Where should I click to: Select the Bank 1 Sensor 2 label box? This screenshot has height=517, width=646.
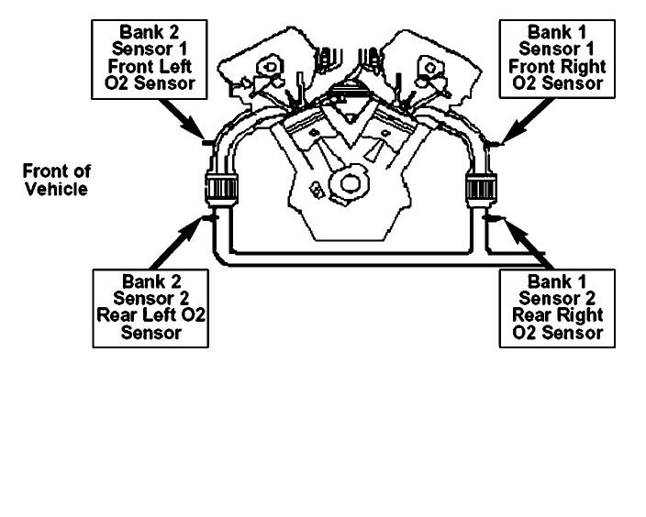(x=551, y=306)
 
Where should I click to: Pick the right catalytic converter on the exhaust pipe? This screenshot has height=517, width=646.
(x=481, y=191)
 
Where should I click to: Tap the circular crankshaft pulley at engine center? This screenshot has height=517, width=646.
(x=350, y=181)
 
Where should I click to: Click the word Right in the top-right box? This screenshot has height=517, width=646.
(x=578, y=66)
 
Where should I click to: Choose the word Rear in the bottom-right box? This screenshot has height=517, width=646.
(x=528, y=315)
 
